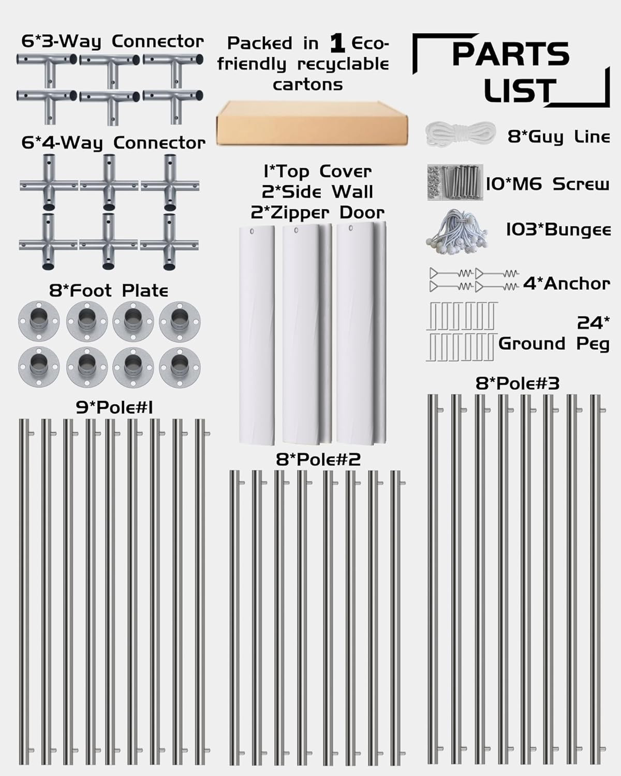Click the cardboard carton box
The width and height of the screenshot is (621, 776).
[312, 123]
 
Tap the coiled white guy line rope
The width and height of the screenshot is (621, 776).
[460, 134]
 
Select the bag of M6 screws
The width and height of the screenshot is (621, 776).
[455, 182]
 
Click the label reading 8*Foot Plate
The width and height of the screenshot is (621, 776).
[109, 291]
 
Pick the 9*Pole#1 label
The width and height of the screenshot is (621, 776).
[114, 408]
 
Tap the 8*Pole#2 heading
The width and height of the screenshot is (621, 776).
[318, 459]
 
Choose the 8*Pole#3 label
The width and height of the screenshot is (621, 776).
[517, 383]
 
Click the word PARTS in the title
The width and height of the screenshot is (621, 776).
[511, 54]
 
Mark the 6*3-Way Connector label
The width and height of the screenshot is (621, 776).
[113, 41]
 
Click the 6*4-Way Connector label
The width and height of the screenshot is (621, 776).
[113, 143]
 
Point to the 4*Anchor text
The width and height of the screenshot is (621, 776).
[567, 284]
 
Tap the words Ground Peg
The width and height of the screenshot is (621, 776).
[554, 344]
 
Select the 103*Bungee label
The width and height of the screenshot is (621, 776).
[558, 230]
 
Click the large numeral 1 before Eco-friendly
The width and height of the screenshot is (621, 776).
[337, 43]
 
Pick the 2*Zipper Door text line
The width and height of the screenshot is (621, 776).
[318, 213]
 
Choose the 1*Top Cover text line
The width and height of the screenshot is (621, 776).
[318, 171]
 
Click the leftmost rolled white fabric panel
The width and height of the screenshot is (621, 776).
[257, 335]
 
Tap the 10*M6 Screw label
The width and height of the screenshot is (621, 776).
[548, 184]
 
